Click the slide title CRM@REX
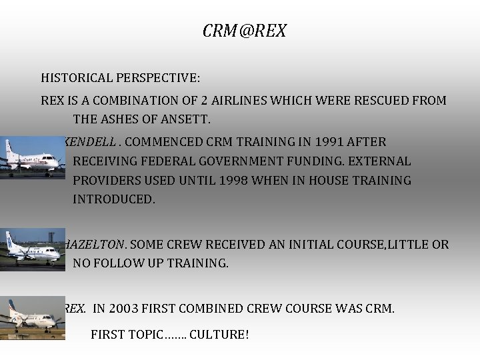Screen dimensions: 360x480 [x=245, y=31]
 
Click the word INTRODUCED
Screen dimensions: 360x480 [x=113, y=200]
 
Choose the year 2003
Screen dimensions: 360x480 [x=125, y=309]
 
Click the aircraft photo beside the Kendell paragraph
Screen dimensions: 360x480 [x=32, y=158]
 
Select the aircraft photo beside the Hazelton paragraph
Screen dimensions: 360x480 [x=31, y=249]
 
